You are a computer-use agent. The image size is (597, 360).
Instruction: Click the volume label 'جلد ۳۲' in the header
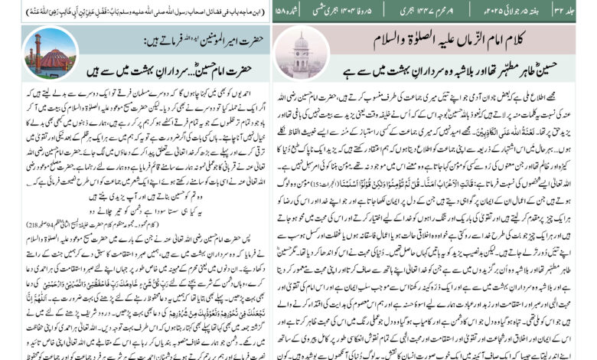click(x=578, y=13)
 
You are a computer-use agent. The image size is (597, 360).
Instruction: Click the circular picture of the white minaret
click(x=301, y=53)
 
